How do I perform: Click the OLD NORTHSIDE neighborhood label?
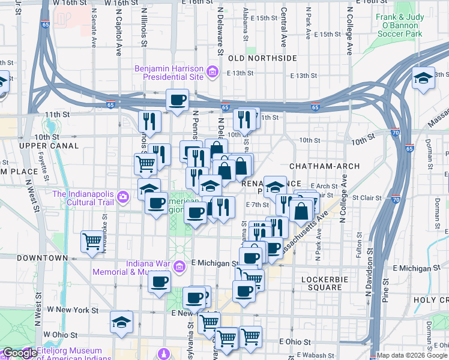(262, 58)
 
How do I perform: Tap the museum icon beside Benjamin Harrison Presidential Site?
(212, 73)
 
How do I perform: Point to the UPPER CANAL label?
(49, 146)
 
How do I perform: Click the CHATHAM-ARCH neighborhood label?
(324, 166)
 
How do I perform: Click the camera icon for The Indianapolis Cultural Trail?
(123, 196)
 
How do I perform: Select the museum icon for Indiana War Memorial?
(178, 266)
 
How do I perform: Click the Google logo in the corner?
(20, 353)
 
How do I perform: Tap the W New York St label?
(73, 310)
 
